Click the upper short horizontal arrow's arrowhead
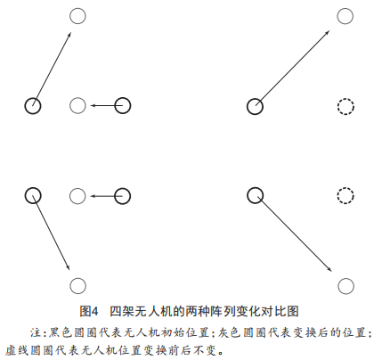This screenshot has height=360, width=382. (93, 105)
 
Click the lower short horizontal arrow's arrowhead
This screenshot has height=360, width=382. (93, 196)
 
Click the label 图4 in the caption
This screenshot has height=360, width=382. (89, 312)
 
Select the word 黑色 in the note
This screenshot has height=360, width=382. (60, 332)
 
